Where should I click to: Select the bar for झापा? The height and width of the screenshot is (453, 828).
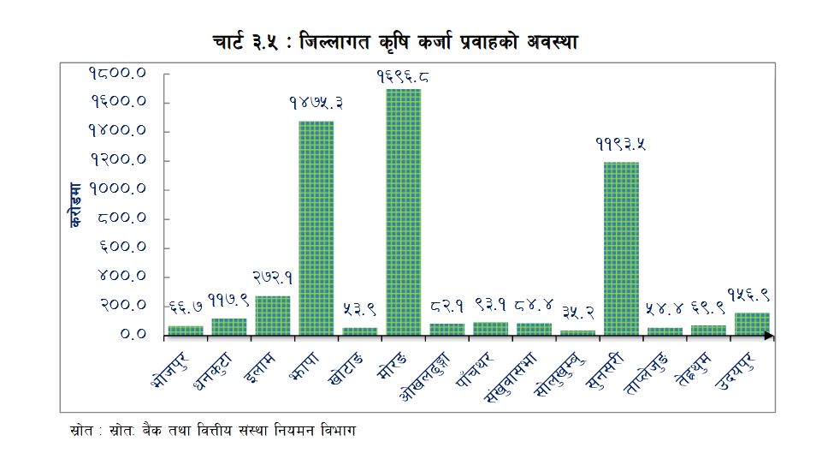tap(316, 228)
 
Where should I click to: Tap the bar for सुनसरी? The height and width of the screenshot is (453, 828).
tap(621, 248)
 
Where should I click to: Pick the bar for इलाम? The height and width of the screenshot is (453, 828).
tap(272, 315)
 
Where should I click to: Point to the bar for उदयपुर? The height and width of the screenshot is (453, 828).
tap(752, 323)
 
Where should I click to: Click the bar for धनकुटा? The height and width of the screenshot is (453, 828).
tap(228, 326)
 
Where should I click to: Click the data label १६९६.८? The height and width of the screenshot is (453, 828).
tap(403, 76)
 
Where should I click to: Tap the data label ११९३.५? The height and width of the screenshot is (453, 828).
tap(621, 145)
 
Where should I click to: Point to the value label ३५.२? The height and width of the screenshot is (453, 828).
tap(578, 313)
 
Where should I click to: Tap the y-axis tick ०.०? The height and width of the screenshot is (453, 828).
tap(133, 335)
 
